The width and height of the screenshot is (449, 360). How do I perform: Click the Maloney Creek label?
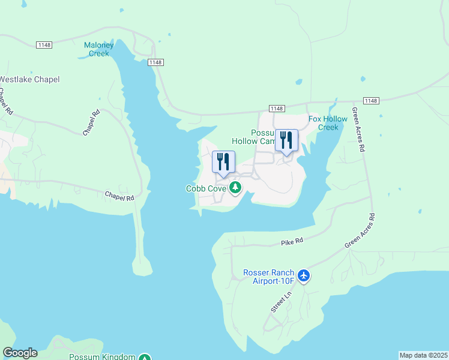tap(95, 49)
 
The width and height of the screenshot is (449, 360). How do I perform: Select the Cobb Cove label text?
tap(206, 188)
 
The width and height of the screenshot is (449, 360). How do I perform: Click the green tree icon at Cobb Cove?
tap(235, 188)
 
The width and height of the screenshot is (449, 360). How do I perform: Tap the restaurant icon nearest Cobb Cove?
tap(223, 162)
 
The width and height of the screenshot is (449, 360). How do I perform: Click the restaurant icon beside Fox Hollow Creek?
tap(286, 141)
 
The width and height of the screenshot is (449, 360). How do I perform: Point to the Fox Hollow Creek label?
tap(328, 123)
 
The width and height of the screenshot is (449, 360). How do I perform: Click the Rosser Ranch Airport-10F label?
tap(268, 277)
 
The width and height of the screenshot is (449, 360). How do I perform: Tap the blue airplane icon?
tap(304, 275)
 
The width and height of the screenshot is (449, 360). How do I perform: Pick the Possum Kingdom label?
tap(102, 357)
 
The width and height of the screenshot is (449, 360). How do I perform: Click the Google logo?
tap(20, 353)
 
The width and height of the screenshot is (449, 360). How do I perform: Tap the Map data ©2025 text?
tap(423, 355)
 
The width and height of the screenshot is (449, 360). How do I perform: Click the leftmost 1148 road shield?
tap(44, 45)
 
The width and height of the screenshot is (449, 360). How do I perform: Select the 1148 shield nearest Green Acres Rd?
tap(371, 101)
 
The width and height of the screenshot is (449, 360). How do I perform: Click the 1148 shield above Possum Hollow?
tap(276, 108)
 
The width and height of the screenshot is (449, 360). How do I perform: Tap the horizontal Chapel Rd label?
tap(119, 196)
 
